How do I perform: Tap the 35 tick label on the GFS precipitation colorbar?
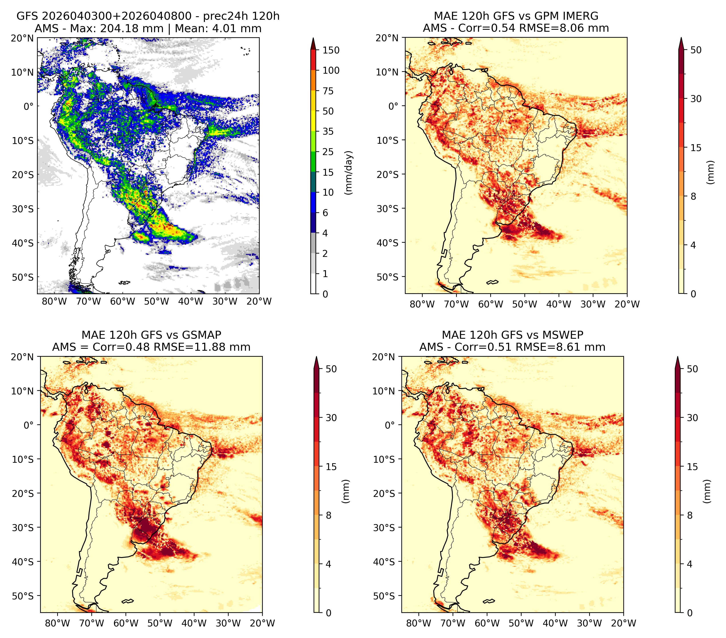(x=328, y=131)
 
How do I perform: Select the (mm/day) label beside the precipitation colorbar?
(x=349, y=173)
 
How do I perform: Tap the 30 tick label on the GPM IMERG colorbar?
(x=696, y=99)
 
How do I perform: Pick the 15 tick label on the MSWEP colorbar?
(x=692, y=467)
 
